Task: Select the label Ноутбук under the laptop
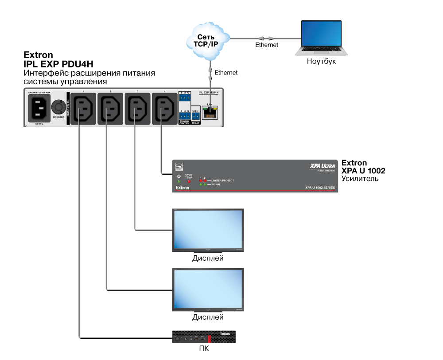(x=321, y=62)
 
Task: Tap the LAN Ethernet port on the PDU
(x=209, y=113)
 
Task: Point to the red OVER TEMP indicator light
(x=189, y=181)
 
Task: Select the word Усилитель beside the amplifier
(x=360, y=179)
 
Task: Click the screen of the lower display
(x=208, y=288)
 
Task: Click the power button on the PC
(x=178, y=339)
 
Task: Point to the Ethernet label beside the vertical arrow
(x=226, y=73)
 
